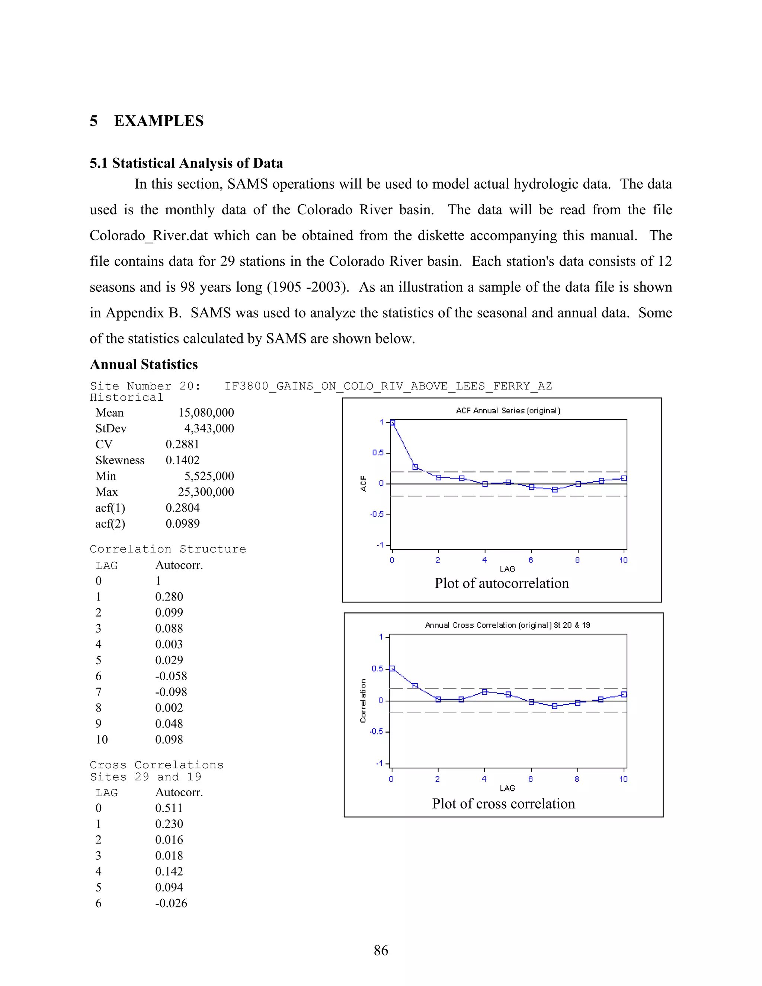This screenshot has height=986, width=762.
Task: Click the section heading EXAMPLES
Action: coord(159,121)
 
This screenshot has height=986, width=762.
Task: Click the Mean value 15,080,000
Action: coord(206,413)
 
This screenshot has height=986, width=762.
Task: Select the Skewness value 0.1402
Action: coord(182,460)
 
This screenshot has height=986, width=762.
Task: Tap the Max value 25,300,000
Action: coord(206,492)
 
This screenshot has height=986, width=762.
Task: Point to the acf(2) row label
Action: coord(110,524)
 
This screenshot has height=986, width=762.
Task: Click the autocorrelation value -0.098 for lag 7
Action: coord(171,692)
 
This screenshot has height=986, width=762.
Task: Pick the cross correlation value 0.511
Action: coord(169,808)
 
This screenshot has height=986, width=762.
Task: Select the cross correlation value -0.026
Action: coord(171,903)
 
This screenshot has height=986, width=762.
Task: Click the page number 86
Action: coord(381,950)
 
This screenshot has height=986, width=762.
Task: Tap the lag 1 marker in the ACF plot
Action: coord(415,467)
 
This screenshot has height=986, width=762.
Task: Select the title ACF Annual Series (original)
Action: coord(508,411)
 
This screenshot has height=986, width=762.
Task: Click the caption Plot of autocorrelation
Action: coord(502,583)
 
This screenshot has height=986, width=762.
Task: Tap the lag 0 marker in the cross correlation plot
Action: coord(392,669)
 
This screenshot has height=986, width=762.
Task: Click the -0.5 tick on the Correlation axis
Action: coord(376,732)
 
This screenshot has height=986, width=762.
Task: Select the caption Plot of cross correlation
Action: coord(503,804)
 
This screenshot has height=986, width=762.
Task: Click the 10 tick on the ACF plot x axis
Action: coord(624,560)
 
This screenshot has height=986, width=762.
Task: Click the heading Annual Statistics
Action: coord(144,364)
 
